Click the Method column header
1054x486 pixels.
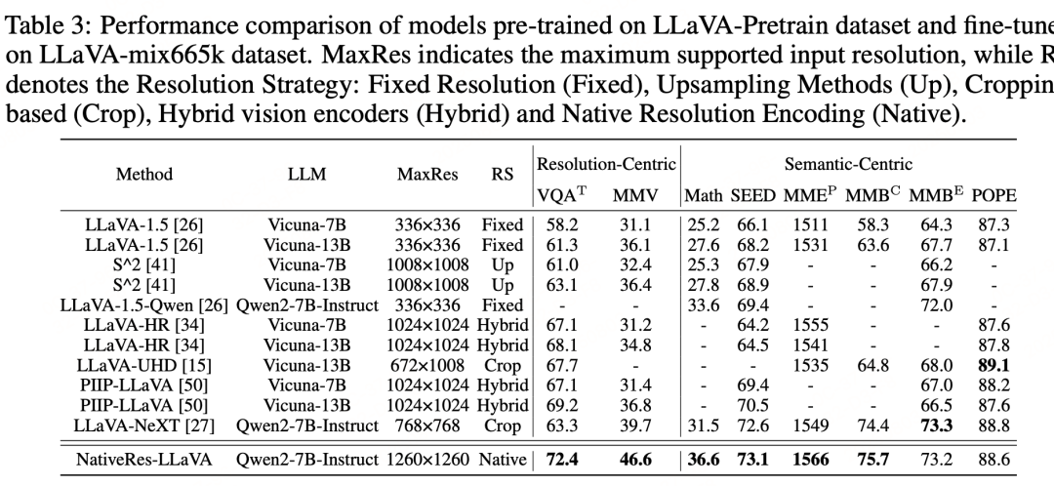click(143, 175)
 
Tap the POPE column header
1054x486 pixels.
click(993, 195)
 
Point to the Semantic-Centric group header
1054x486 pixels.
click(848, 164)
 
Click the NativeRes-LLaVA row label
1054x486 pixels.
click(143, 459)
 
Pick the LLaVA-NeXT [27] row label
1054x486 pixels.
click(143, 425)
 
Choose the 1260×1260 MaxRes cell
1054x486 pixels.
click(426, 459)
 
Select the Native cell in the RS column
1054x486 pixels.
click(502, 459)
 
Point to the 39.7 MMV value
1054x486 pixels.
click(631, 425)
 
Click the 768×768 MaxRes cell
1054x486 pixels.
click(426, 425)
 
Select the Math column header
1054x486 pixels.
click(703, 195)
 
